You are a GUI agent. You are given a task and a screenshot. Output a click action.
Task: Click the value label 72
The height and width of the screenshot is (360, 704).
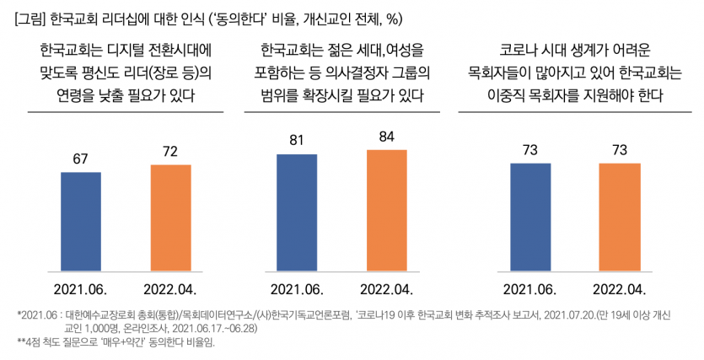[x=170, y=153]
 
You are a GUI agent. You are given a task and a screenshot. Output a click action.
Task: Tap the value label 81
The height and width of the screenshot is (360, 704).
[x=296, y=141]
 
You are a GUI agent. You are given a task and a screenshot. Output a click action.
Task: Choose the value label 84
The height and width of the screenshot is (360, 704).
[x=386, y=137]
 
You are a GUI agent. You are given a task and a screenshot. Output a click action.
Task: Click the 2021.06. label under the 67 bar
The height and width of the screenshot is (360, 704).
[x=81, y=289]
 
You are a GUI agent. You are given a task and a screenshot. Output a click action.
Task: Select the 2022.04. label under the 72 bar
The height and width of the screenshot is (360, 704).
[x=170, y=289]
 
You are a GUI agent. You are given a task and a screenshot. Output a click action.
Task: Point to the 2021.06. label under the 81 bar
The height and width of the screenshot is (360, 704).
[x=296, y=289]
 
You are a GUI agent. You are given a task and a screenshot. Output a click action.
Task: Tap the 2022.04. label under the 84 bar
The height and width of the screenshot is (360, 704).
[x=386, y=289]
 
